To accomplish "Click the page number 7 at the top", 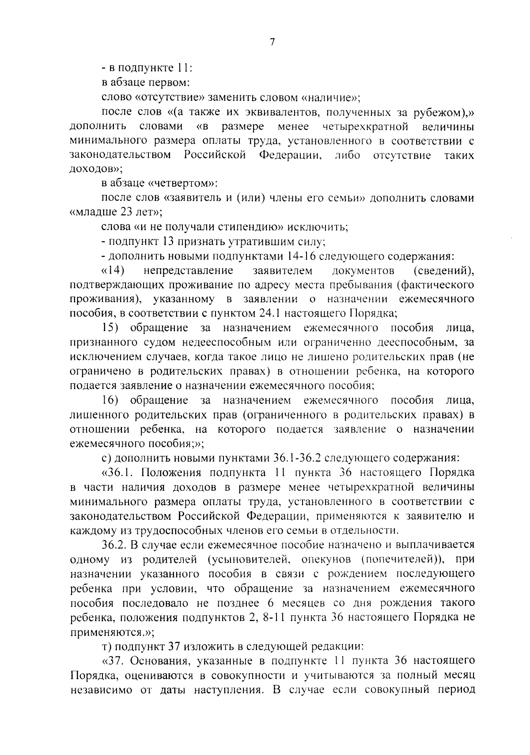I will pos(272,42).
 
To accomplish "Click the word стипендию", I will pos(251,227).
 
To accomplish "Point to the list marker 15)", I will pos(110,328).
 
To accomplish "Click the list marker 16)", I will pos(110,400).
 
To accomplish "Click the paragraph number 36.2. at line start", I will pos(114,545).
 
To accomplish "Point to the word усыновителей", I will pos(248,560).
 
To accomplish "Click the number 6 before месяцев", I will pos(270,603).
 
